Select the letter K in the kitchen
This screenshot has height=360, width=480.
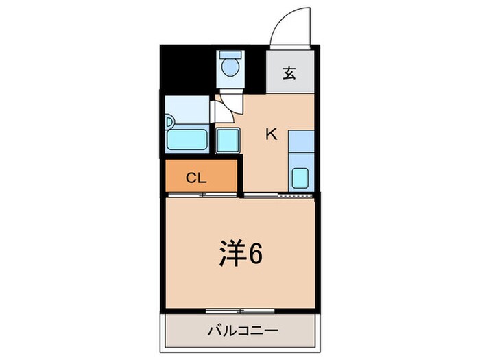[x=272, y=134]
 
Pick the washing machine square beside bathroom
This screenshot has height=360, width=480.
[x=227, y=140]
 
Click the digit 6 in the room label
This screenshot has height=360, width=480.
[x=254, y=254]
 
